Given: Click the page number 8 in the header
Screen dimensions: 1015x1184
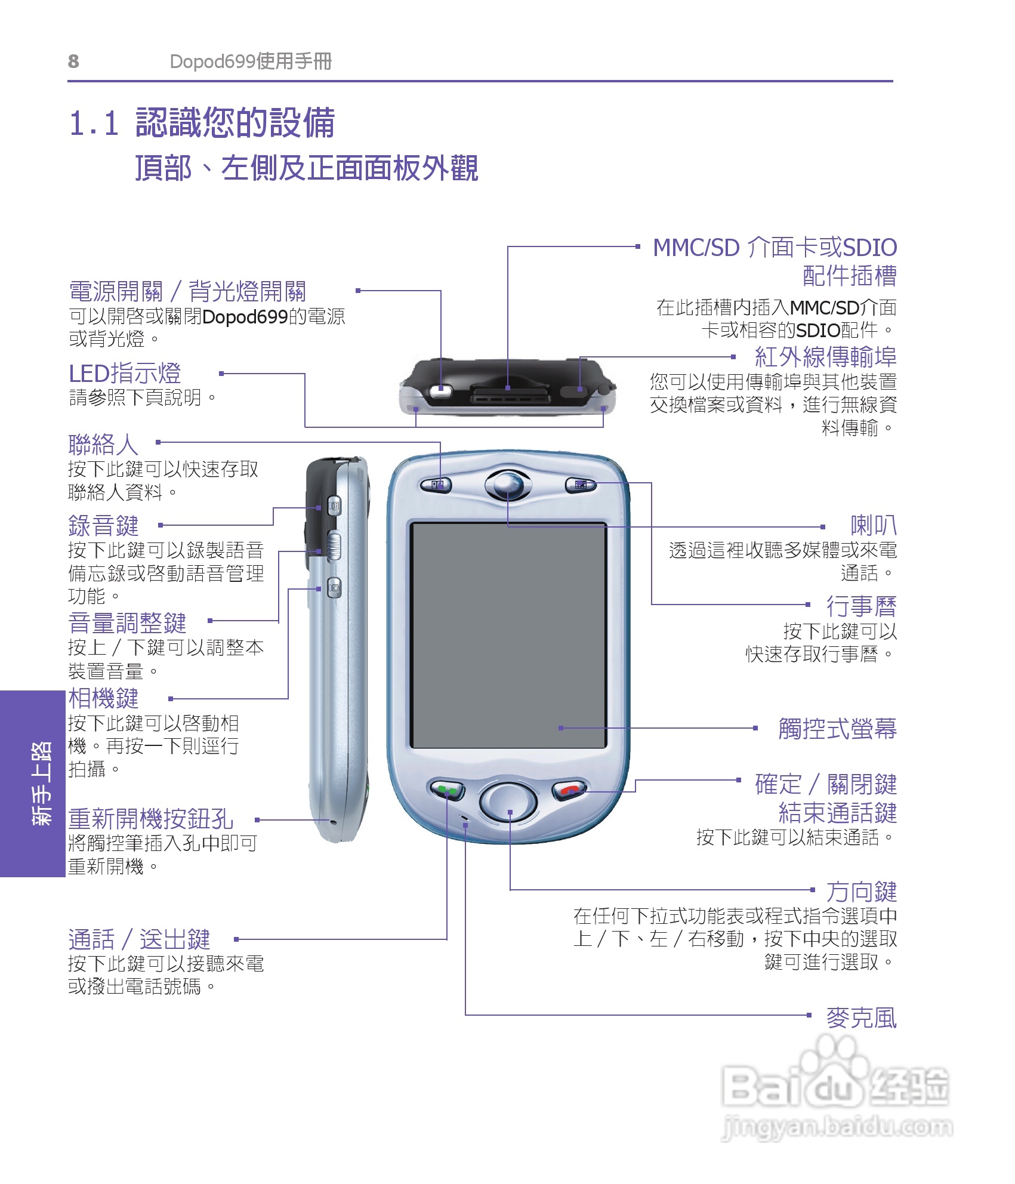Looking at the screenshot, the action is click(x=73, y=61).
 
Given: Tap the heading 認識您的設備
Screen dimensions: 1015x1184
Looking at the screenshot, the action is click(x=235, y=123).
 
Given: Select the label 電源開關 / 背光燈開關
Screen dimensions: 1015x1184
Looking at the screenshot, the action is click(x=187, y=292).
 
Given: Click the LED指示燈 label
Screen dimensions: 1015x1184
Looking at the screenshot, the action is click(x=125, y=374).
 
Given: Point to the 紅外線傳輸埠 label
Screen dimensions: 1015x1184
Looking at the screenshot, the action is click(x=825, y=357).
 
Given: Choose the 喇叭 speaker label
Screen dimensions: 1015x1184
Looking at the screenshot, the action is click(x=873, y=526).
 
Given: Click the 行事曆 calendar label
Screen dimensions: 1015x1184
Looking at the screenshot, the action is click(x=861, y=606).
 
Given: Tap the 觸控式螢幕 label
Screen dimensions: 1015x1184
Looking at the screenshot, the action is click(x=837, y=729).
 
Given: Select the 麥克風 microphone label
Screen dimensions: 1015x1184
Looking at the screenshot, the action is click(x=861, y=1018).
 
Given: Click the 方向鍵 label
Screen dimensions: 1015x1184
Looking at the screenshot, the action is click(x=861, y=892).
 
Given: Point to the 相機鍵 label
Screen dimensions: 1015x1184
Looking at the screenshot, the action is click(x=103, y=698).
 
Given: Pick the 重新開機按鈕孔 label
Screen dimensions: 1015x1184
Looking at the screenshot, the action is click(x=150, y=819).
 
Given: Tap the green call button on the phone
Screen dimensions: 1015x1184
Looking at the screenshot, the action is click(x=447, y=791).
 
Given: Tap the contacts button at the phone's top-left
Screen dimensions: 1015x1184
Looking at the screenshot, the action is click(x=436, y=485).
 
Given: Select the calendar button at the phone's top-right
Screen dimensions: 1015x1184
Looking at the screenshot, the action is click(x=580, y=485).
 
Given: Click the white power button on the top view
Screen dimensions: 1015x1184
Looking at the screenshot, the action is click(x=441, y=391).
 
